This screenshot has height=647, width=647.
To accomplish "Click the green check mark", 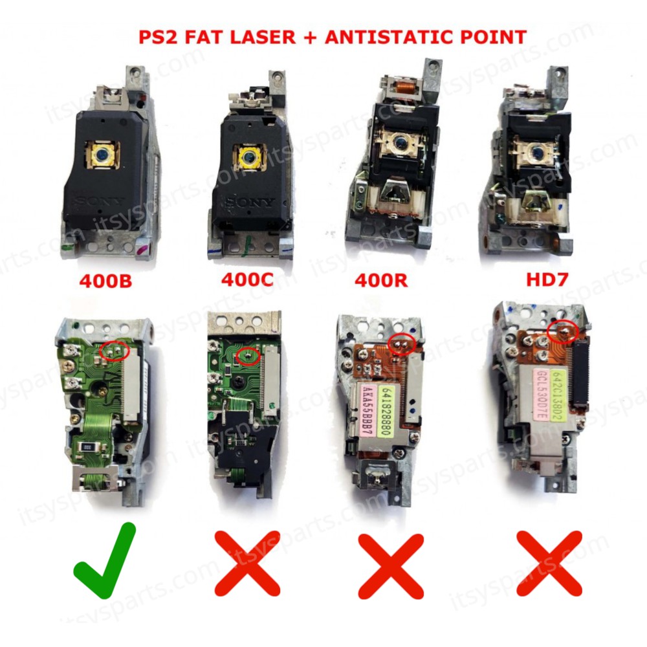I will pos(105,561).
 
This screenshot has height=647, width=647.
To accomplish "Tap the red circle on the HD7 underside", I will pos(562,331).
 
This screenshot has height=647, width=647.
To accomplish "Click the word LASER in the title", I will pos(259,36).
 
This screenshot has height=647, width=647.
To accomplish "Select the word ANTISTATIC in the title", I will pos(386,36).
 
